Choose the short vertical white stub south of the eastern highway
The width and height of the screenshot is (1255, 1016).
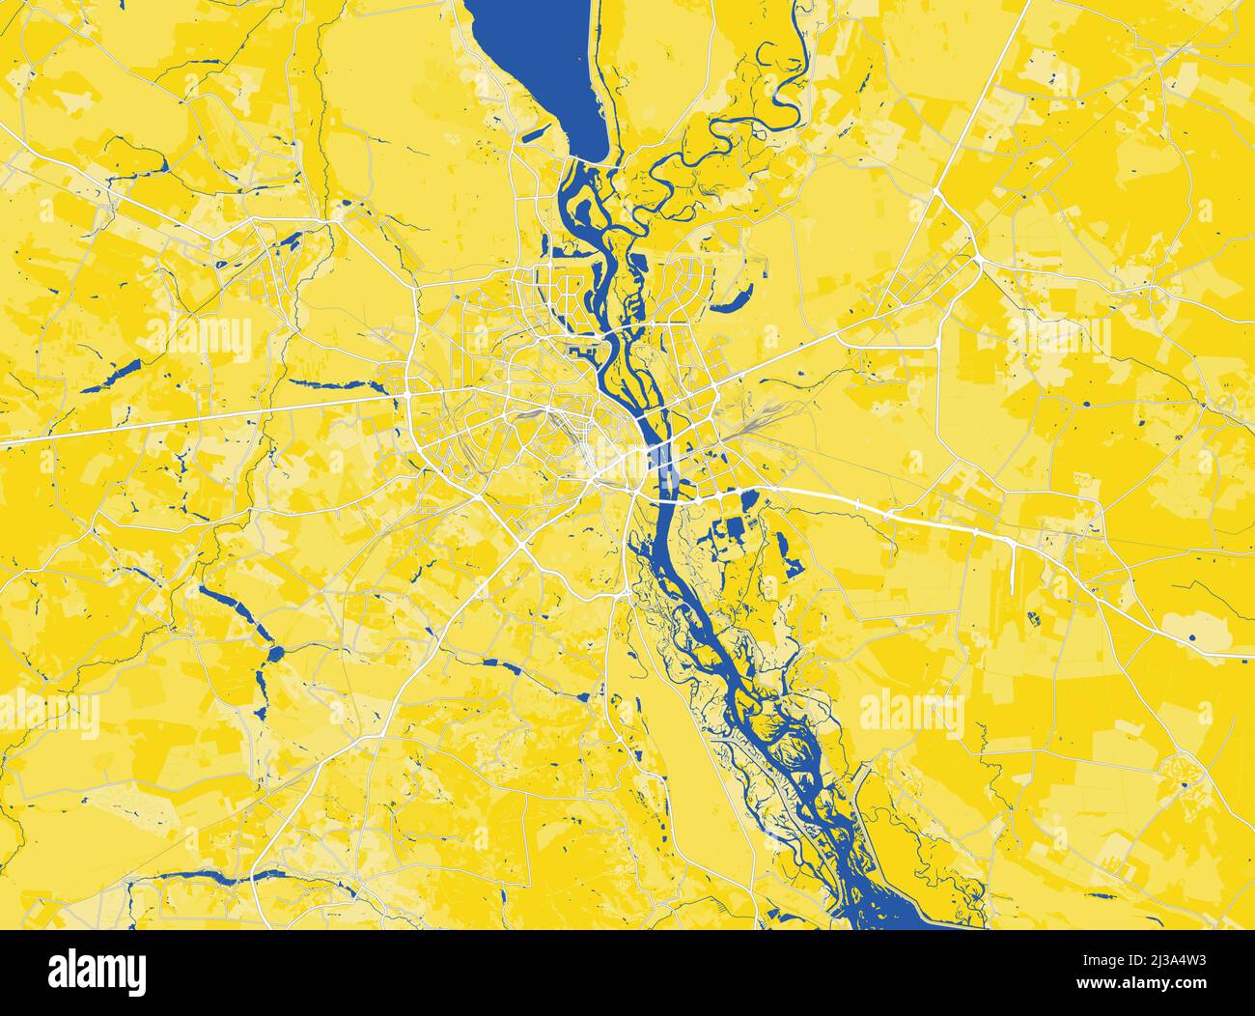[1010, 570]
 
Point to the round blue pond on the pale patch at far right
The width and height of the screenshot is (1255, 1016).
[1193, 638]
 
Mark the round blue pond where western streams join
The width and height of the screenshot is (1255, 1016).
[274, 654]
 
